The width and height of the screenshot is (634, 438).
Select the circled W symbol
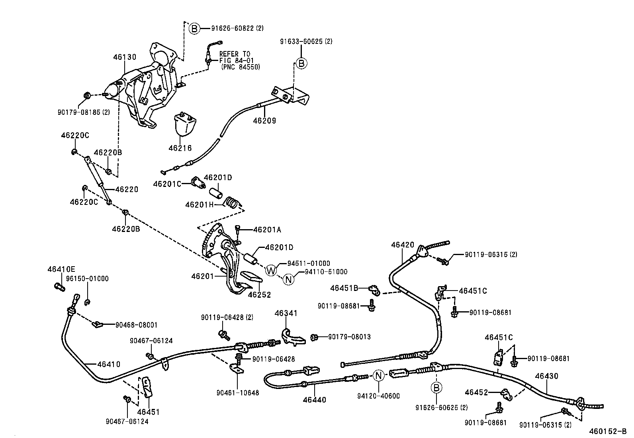(271, 271)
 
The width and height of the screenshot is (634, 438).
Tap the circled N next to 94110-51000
(289, 279)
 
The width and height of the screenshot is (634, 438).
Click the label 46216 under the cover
(180, 148)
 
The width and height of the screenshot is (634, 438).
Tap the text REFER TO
(235, 54)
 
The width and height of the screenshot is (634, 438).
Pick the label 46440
(314, 400)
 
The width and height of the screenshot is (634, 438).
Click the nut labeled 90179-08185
(86, 95)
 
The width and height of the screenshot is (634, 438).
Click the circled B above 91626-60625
(436, 387)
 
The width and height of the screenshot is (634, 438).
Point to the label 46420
(402, 245)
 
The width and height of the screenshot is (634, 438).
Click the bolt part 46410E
(59, 286)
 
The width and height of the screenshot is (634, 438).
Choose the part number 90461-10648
(238, 393)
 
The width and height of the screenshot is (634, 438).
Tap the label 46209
(264, 120)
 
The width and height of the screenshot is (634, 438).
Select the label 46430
(546, 376)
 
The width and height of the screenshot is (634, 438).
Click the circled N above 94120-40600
(379, 375)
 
